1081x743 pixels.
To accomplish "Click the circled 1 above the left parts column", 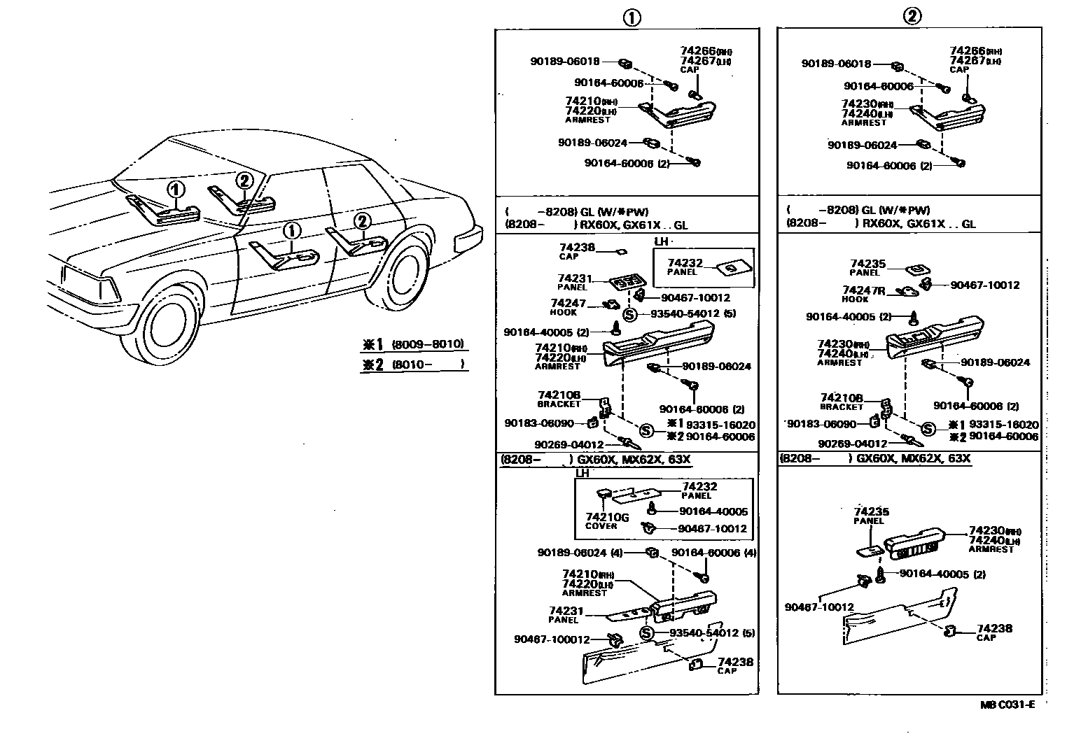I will point(632,17).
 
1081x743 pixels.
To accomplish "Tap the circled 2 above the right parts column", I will point(912,16).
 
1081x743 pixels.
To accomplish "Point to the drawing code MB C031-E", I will point(1007,705).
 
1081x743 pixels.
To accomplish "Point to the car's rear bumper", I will point(468,239).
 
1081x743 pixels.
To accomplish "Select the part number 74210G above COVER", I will point(606,517).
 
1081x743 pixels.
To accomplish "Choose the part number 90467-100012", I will point(551,639).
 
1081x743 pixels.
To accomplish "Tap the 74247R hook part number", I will point(864,290).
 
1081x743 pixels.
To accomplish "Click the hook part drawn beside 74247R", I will point(908,292).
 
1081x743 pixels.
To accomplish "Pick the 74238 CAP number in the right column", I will point(994,628).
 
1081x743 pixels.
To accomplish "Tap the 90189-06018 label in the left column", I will point(564,62).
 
